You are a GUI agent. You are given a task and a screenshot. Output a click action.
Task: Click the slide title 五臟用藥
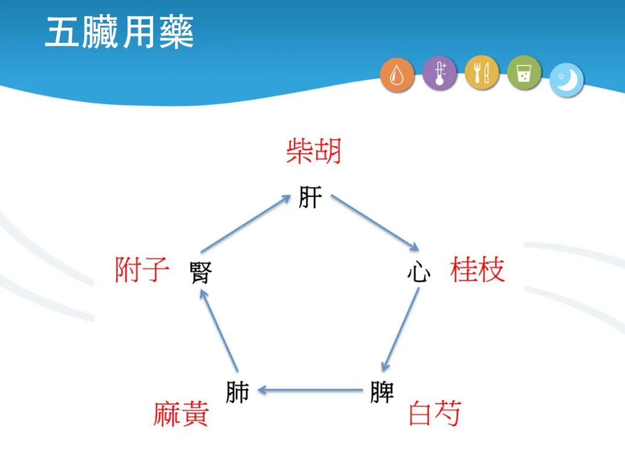(x=119, y=34)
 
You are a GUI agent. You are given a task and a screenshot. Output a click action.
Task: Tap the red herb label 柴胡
(x=313, y=152)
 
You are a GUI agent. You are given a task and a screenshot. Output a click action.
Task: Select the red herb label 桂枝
(x=477, y=270)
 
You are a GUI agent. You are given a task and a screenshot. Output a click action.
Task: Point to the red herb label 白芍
(x=435, y=413)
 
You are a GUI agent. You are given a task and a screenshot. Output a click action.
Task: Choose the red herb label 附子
(x=142, y=270)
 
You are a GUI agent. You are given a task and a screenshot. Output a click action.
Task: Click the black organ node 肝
(x=310, y=197)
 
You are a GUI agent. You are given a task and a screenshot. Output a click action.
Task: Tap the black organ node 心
(x=418, y=272)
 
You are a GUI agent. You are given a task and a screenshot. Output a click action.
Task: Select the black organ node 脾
(x=382, y=392)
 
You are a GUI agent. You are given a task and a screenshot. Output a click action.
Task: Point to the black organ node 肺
(x=237, y=392)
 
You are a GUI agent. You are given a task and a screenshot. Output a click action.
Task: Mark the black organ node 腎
(x=201, y=273)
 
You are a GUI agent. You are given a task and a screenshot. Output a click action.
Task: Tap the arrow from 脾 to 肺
(x=310, y=391)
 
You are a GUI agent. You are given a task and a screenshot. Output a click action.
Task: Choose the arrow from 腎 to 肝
(x=245, y=223)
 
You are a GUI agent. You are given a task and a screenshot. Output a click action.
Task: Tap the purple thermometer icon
(x=439, y=74)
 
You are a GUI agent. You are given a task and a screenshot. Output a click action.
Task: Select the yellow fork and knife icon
(x=481, y=73)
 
